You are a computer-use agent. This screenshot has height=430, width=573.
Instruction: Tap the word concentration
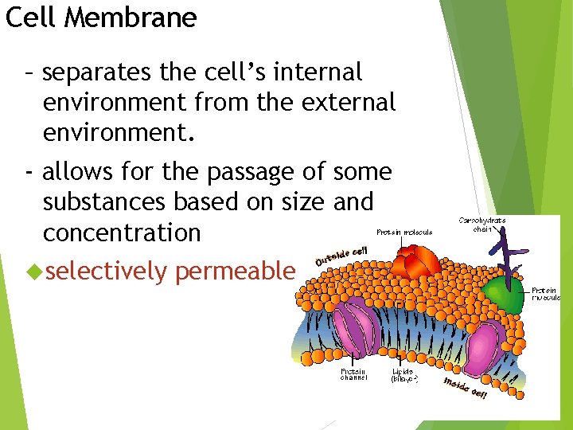(122, 233)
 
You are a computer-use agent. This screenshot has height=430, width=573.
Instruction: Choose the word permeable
(235, 272)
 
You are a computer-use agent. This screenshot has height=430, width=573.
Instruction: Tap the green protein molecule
(503, 291)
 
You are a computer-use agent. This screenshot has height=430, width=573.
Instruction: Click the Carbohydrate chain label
(482, 224)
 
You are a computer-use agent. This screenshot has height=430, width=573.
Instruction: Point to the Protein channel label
(354, 374)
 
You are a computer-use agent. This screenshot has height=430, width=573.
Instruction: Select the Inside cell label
(466, 387)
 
